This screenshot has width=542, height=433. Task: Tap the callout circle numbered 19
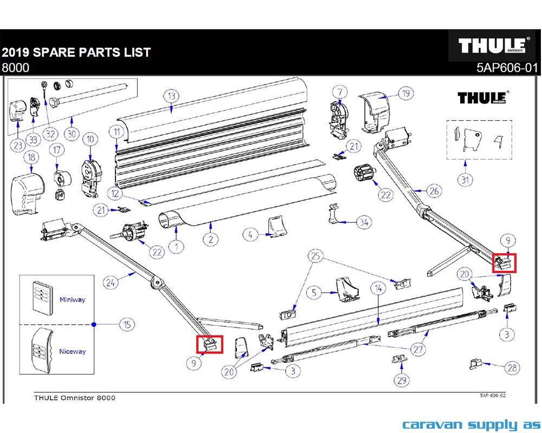click(x=405, y=93)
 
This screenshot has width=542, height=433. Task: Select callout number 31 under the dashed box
click(x=464, y=180)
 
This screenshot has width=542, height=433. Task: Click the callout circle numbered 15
click(x=126, y=325)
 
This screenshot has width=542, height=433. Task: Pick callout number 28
click(x=512, y=368)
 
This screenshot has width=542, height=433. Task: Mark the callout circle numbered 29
click(x=402, y=380)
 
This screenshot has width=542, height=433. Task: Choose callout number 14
click(x=378, y=290)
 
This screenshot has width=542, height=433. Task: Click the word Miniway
click(x=72, y=299)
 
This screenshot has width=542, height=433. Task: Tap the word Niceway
click(x=72, y=351)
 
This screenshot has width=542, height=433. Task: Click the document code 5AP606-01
click(x=507, y=68)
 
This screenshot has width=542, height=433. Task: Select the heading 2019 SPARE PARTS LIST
click(x=76, y=53)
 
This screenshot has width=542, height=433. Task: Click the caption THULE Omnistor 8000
click(x=74, y=398)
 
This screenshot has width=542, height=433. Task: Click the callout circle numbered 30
click(x=71, y=134)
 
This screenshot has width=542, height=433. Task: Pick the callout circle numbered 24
click(x=111, y=282)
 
